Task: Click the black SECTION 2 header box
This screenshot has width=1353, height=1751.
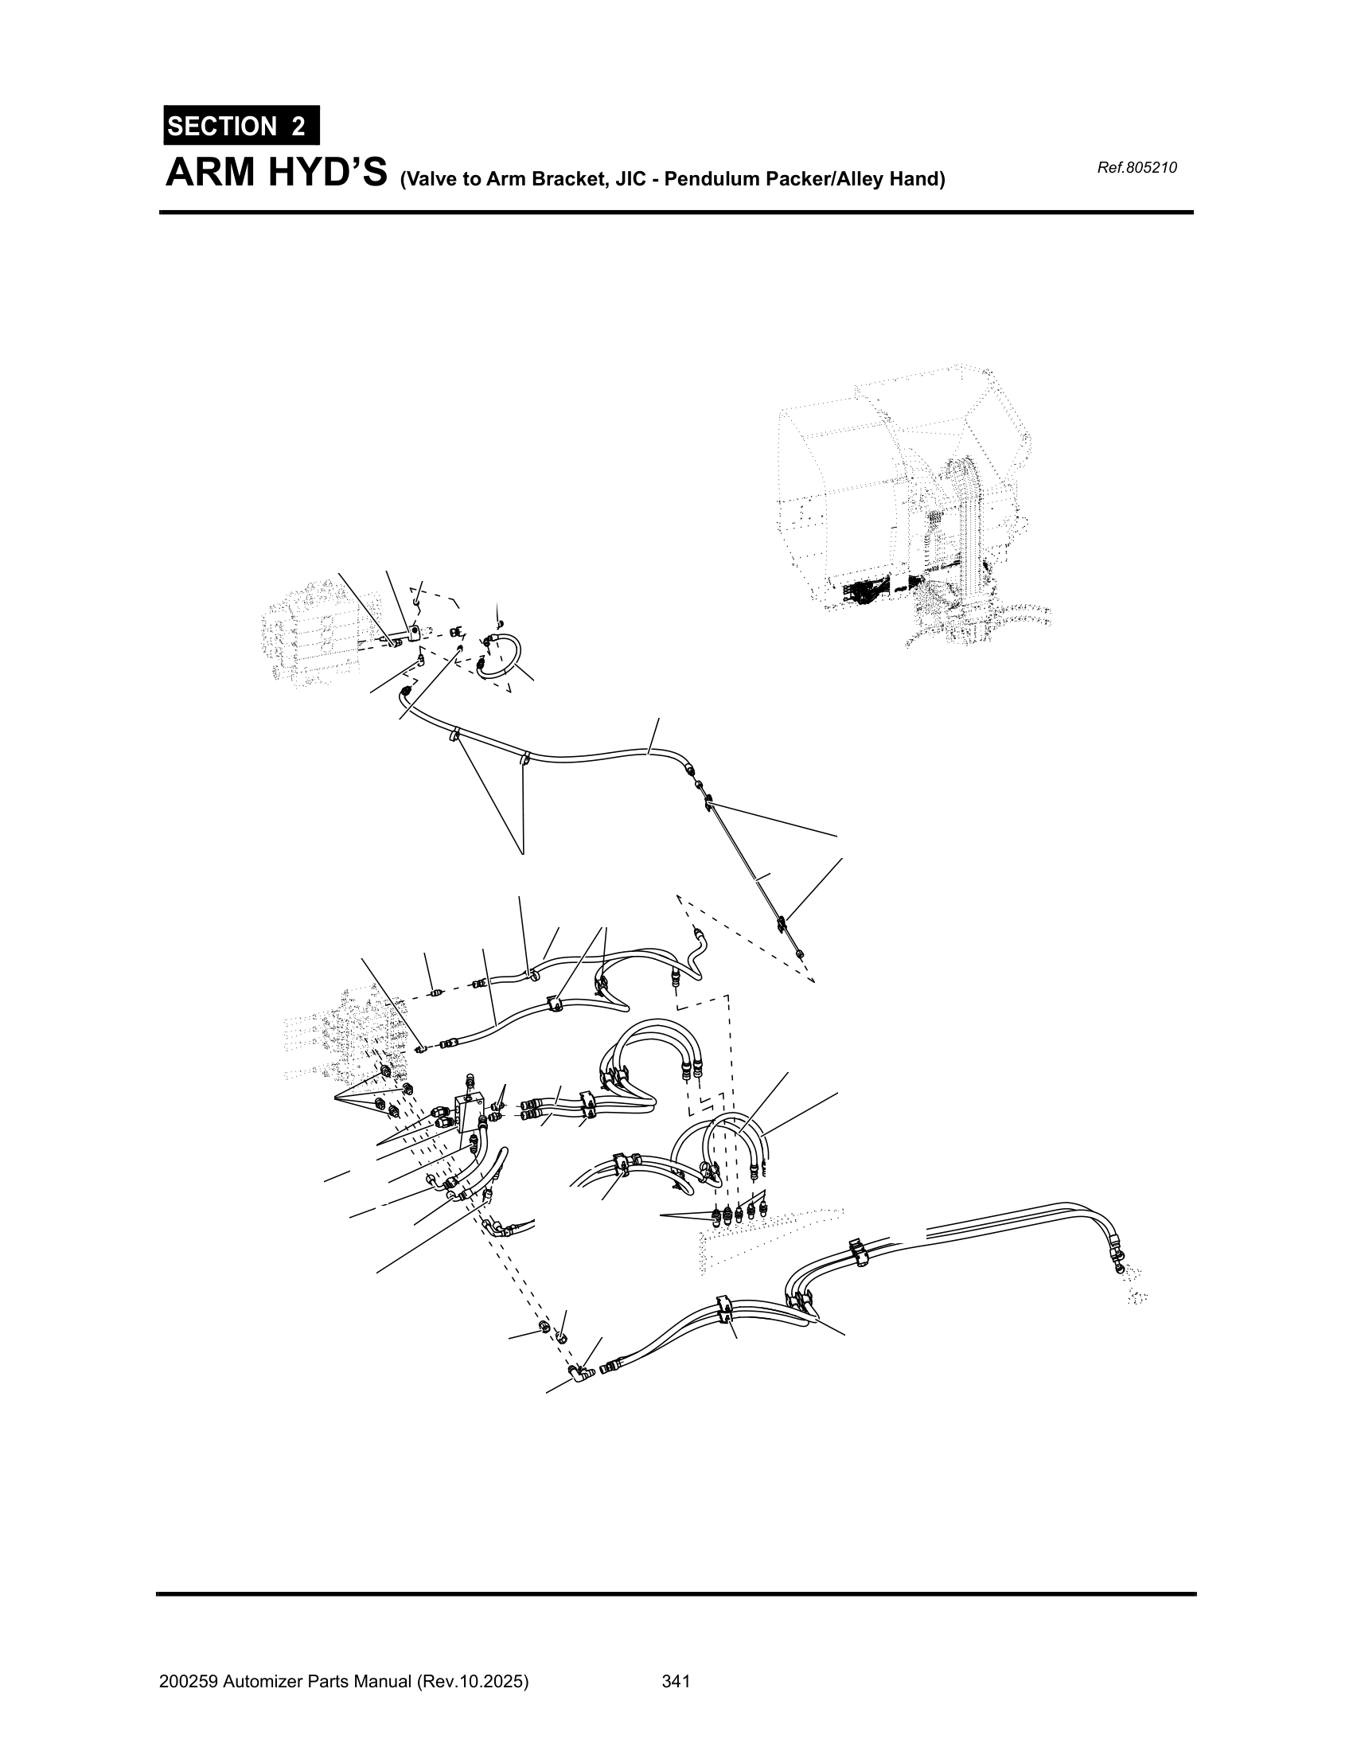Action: pyautogui.click(x=241, y=126)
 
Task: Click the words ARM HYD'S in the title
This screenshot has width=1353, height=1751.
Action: pyautogui.click(x=276, y=173)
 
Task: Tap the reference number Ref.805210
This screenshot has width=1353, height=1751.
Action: pyautogui.click(x=1137, y=169)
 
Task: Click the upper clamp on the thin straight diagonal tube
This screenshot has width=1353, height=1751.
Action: pyautogui.click(x=709, y=800)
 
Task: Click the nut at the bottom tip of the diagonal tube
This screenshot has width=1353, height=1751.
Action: pyautogui.click(x=800, y=954)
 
